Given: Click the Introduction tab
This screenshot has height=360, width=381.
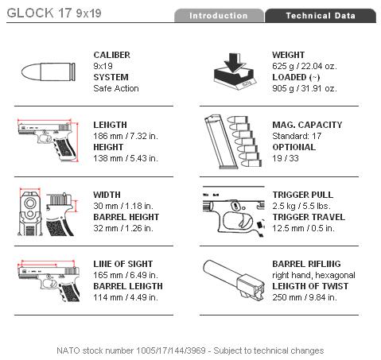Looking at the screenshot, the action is (x=219, y=16).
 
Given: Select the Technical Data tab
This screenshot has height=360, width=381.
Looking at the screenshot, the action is (x=321, y=16).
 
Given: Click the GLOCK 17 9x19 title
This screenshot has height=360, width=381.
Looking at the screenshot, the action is (x=54, y=13).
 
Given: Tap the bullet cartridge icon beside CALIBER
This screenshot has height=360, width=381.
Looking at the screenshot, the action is (x=49, y=72).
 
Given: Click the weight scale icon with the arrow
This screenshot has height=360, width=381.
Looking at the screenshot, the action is (x=234, y=72).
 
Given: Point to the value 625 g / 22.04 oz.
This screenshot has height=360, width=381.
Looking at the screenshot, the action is (x=305, y=66).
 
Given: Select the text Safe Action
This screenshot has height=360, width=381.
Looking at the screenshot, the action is (x=116, y=88).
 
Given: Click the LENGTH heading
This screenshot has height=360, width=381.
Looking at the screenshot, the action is (x=110, y=125).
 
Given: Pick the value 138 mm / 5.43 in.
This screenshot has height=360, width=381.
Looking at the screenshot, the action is (x=126, y=158).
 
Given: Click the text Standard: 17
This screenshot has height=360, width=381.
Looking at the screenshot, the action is (x=297, y=136).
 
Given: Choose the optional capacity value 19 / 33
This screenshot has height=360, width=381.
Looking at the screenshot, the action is (x=286, y=158).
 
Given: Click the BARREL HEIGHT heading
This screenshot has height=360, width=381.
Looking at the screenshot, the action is (x=126, y=217).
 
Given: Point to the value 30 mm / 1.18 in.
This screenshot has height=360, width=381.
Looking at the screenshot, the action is (x=123, y=206).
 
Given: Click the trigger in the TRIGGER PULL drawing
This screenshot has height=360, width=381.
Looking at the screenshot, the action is (x=245, y=220).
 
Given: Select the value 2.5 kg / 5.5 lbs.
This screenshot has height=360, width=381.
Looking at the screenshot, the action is (x=301, y=206).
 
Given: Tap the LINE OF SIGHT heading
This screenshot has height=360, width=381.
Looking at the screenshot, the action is (x=123, y=264).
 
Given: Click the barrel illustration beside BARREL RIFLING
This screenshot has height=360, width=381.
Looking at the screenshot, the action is (x=234, y=281).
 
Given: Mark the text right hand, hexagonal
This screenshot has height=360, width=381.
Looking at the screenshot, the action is (x=313, y=275).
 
